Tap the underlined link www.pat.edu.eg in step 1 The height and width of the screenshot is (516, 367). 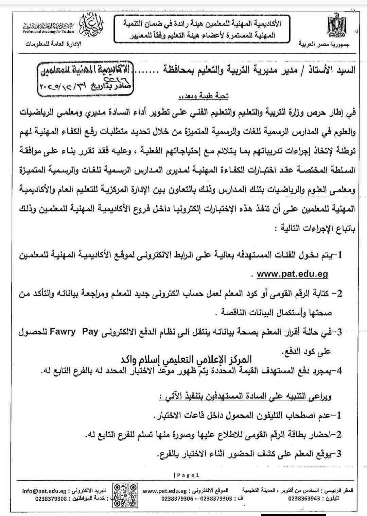[x=292, y=274]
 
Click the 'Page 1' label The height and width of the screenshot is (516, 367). [x=187, y=475]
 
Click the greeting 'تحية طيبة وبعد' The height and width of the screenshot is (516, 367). [x=204, y=97]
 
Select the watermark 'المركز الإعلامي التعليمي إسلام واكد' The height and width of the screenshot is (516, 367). [x=187, y=359]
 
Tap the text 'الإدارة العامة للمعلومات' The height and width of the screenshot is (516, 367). [x=54, y=45]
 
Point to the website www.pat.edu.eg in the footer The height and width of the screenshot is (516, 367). [x=165, y=491]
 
